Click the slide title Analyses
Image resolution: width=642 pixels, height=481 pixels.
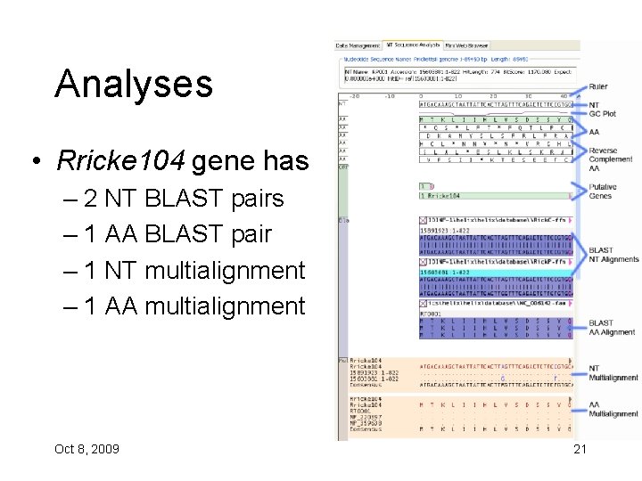tap(134, 85)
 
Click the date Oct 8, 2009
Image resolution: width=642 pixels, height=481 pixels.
tap(86, 448)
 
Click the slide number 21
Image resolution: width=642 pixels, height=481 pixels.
tap(580, 448)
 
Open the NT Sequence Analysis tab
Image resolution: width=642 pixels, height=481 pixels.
tap(412, 45)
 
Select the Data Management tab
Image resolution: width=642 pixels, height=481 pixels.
tap(358, 45)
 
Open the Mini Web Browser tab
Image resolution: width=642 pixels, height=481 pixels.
tap(466, 45)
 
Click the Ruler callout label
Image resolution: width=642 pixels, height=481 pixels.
tap(599, 86)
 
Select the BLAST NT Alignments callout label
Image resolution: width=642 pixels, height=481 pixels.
tap(613, 255)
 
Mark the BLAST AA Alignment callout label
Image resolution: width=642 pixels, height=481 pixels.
tap(612, 328)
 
